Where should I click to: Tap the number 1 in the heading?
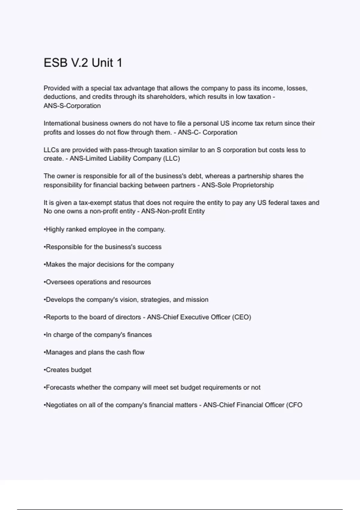[x=119, y=63]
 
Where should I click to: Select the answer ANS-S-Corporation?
[x=72, y=106]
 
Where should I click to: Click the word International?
[x=61, y=123]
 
